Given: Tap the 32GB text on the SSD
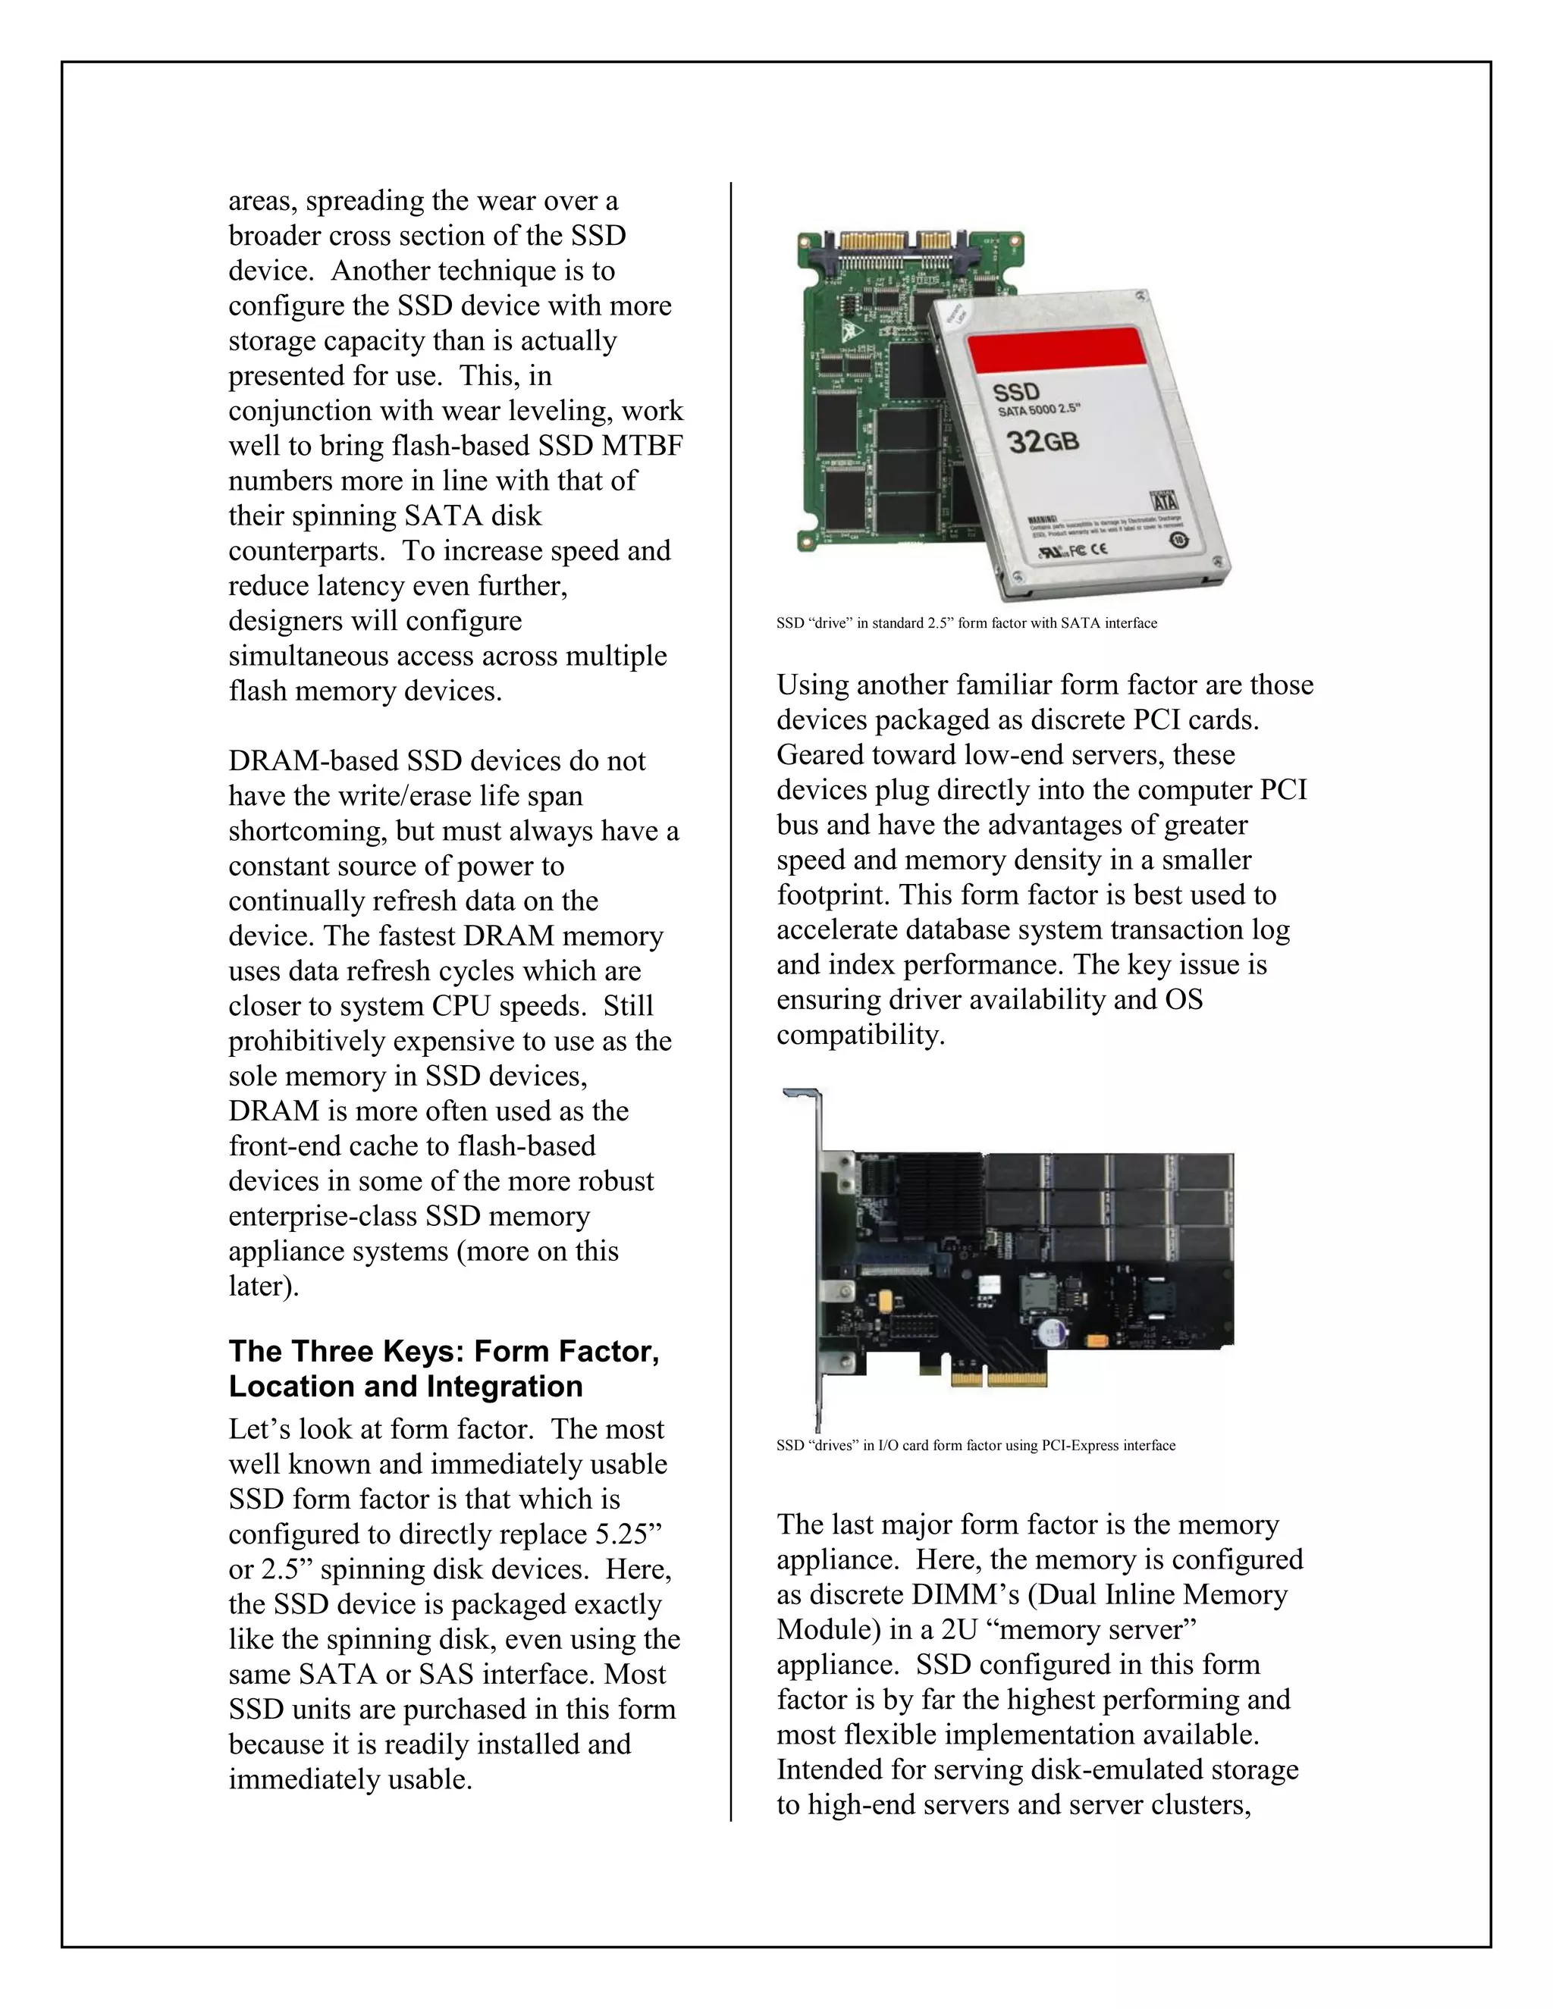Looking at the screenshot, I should tap(1043, 443).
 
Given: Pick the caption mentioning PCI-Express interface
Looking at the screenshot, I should tap(975, 1445).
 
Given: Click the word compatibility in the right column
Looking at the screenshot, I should tap(859, 1035).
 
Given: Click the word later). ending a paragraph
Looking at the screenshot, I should tap(263, 1286).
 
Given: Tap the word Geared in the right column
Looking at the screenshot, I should tap(820, 755).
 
